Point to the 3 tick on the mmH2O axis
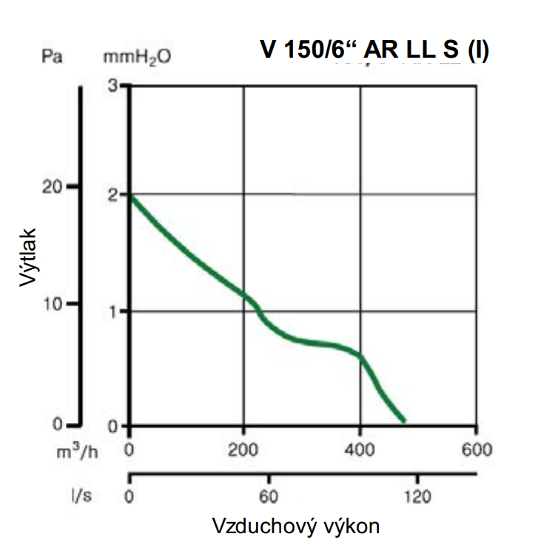tap(113, 86)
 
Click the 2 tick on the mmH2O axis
tap(113, 194)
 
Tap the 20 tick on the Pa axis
tap(51, 187)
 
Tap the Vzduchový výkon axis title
tap(296, 526)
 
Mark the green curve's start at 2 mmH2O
tap(131, 195)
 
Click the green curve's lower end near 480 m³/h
tap(403, 421)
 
